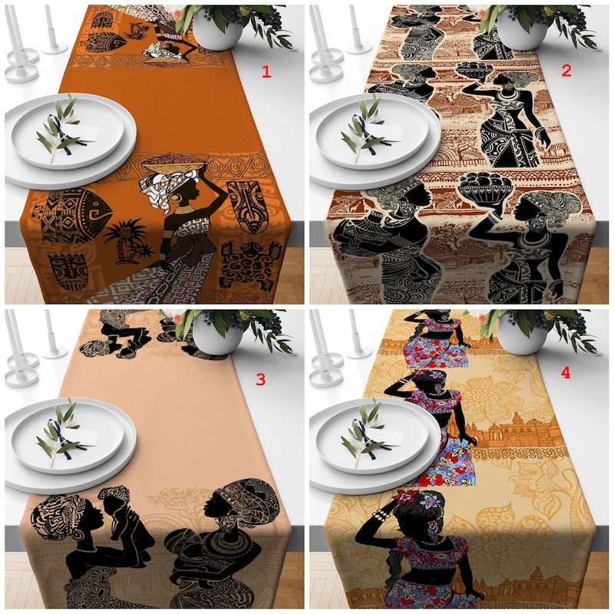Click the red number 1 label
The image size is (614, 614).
(267, 72)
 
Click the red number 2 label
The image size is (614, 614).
(566, 71)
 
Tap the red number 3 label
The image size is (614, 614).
(259, 378)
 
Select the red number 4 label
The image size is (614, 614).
(566, 372)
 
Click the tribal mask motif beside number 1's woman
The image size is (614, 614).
(246, 206)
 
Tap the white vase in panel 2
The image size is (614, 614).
(522, 29)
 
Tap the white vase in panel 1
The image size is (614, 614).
(217, 29)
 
